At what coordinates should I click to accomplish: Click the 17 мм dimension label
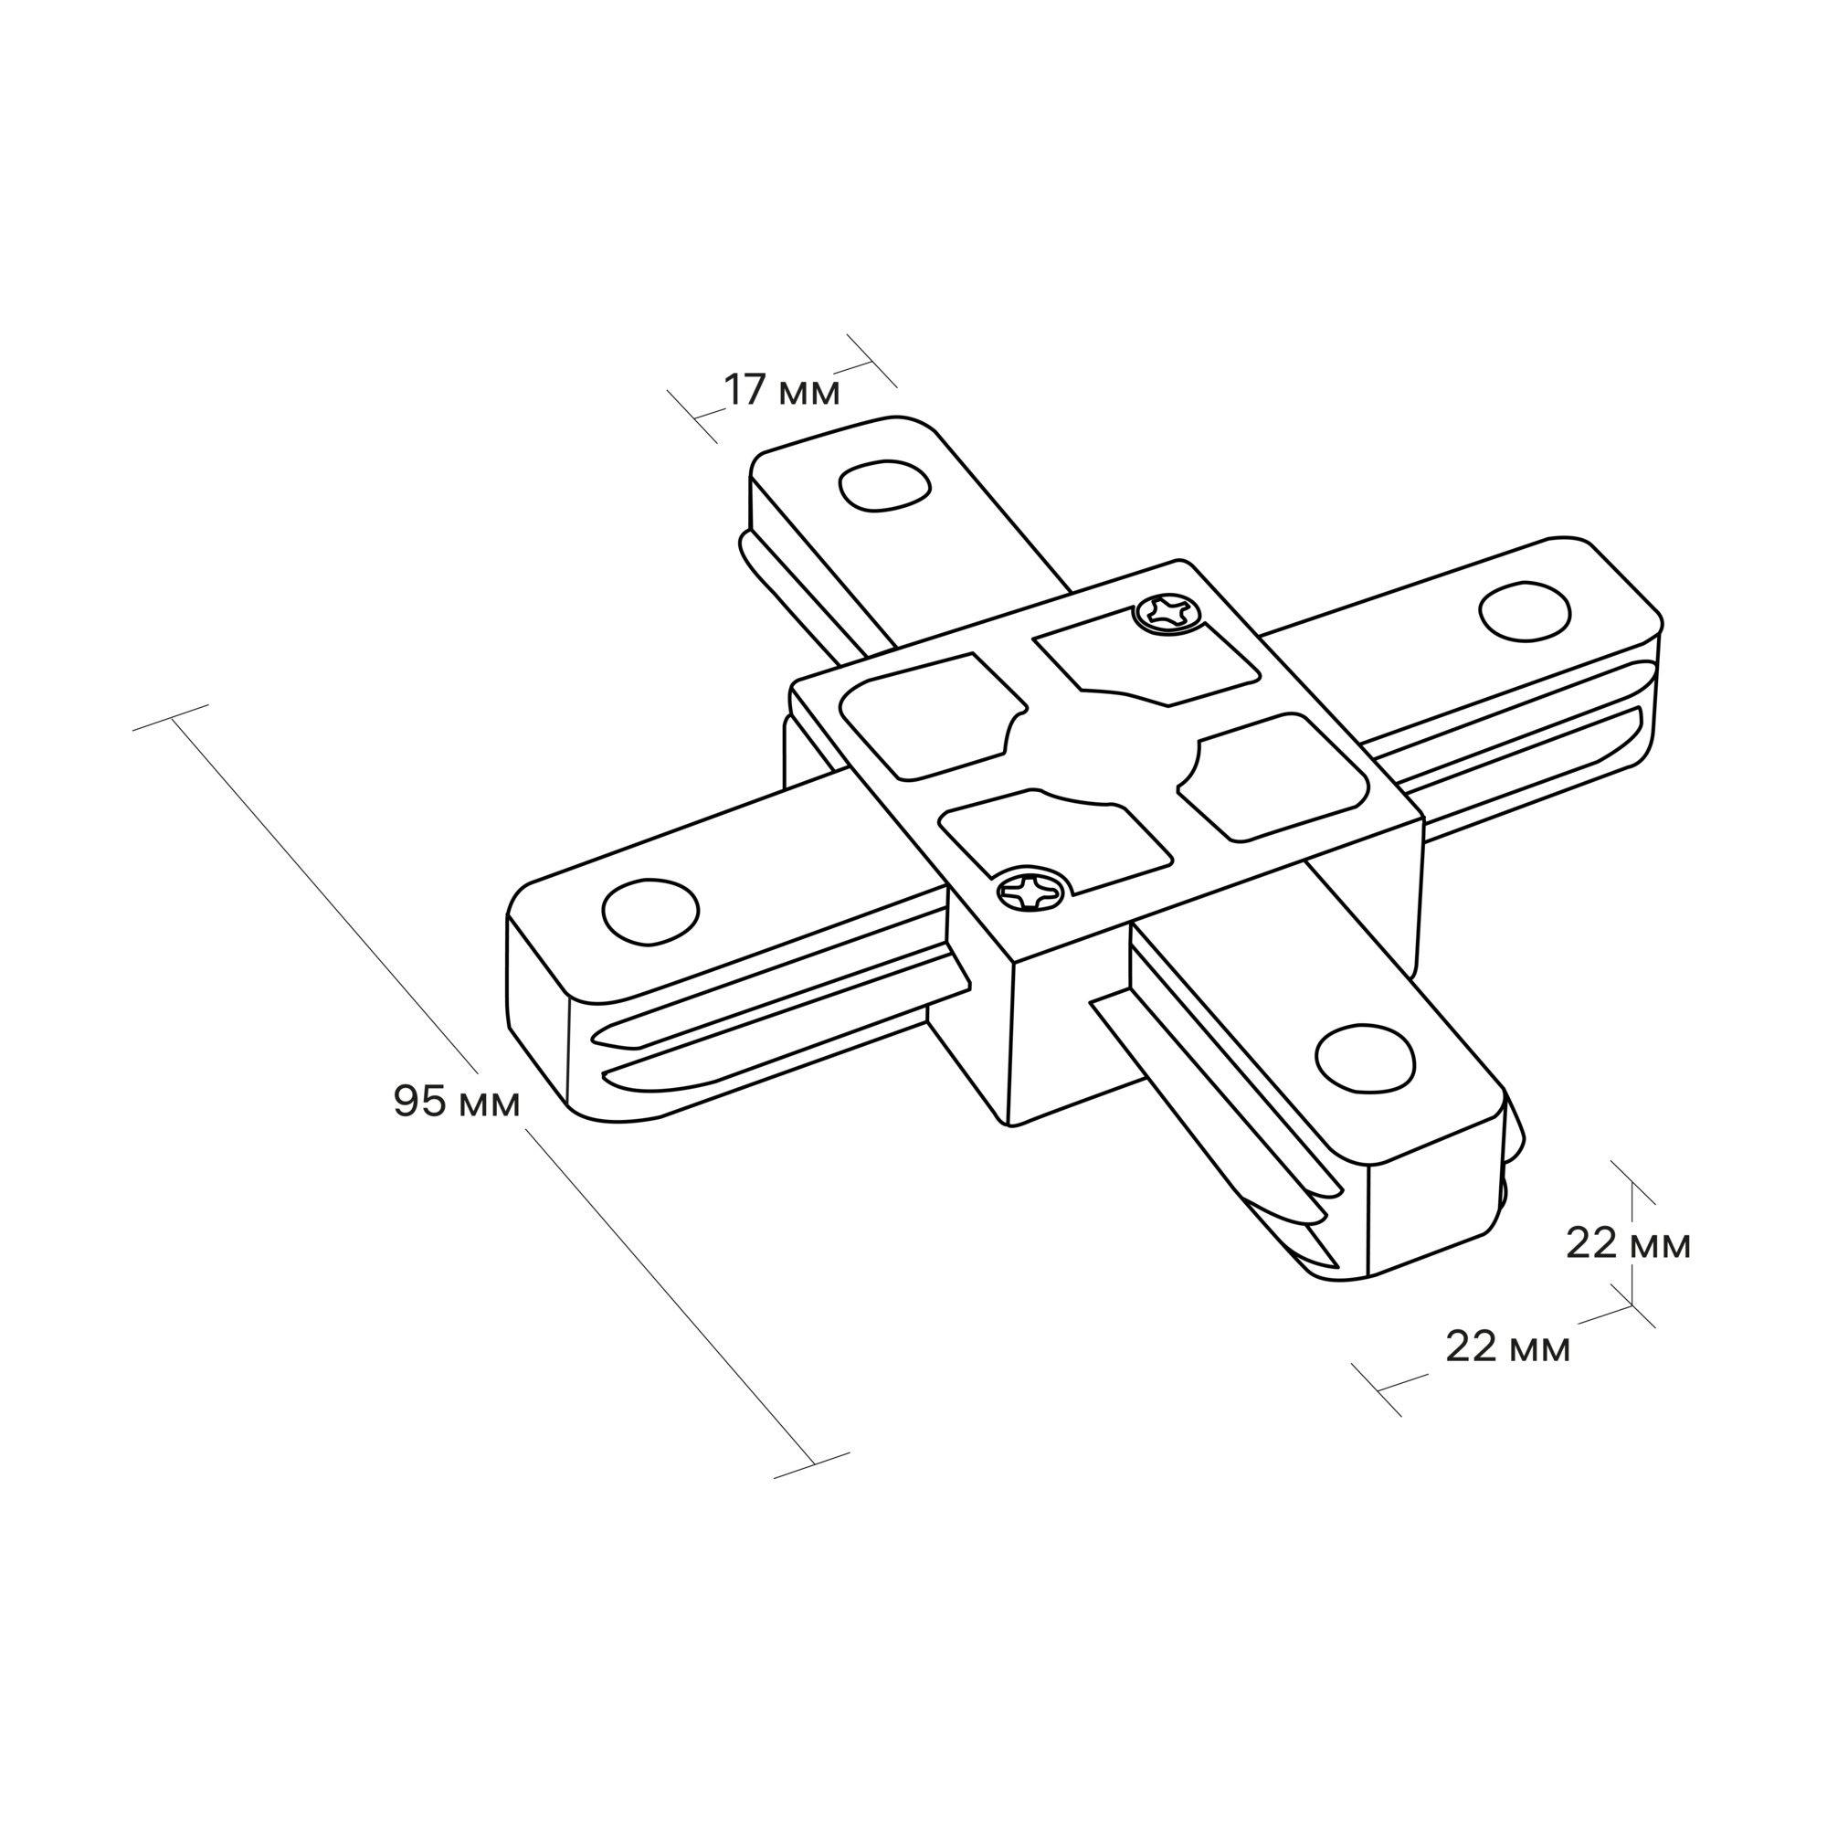(782, 391)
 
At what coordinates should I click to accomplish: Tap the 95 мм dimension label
(457, 1102)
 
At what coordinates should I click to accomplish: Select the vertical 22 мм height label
(1629, 1244)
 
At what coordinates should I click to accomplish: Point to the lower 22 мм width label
(1508, 1346)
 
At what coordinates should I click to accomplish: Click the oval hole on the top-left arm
(885, 486)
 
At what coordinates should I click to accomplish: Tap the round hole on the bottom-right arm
(1366, 1055)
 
